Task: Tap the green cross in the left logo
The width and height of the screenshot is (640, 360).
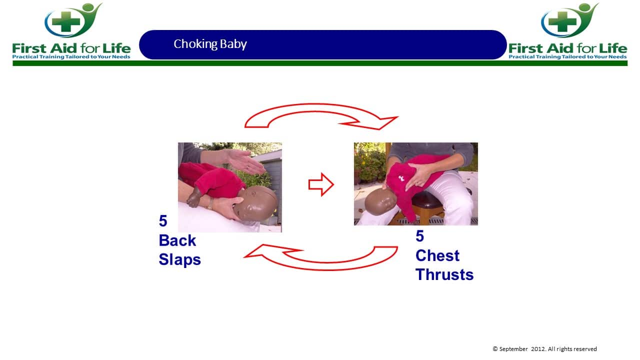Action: (x=66, y=21)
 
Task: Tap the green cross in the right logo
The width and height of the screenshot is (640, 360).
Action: (x=562, y=21)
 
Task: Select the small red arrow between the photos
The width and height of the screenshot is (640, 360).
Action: (x=321, y=184)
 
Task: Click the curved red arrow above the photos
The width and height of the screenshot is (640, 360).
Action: (x=320, y=108)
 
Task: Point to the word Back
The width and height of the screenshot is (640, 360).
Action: (x=177, y=240)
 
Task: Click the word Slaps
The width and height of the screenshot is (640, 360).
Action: (x=179, y=259)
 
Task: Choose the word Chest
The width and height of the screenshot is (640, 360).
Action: (x=437, y=255)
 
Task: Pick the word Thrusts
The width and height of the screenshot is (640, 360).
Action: (x=444, y=274)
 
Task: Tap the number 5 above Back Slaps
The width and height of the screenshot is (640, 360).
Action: (x=163, y=221)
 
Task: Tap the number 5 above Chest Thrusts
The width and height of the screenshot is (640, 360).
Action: (x=419, y=236)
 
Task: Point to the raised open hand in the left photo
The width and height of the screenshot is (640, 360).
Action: (x=243, y=161)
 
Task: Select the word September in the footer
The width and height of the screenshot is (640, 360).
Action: (x=513, y=349)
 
